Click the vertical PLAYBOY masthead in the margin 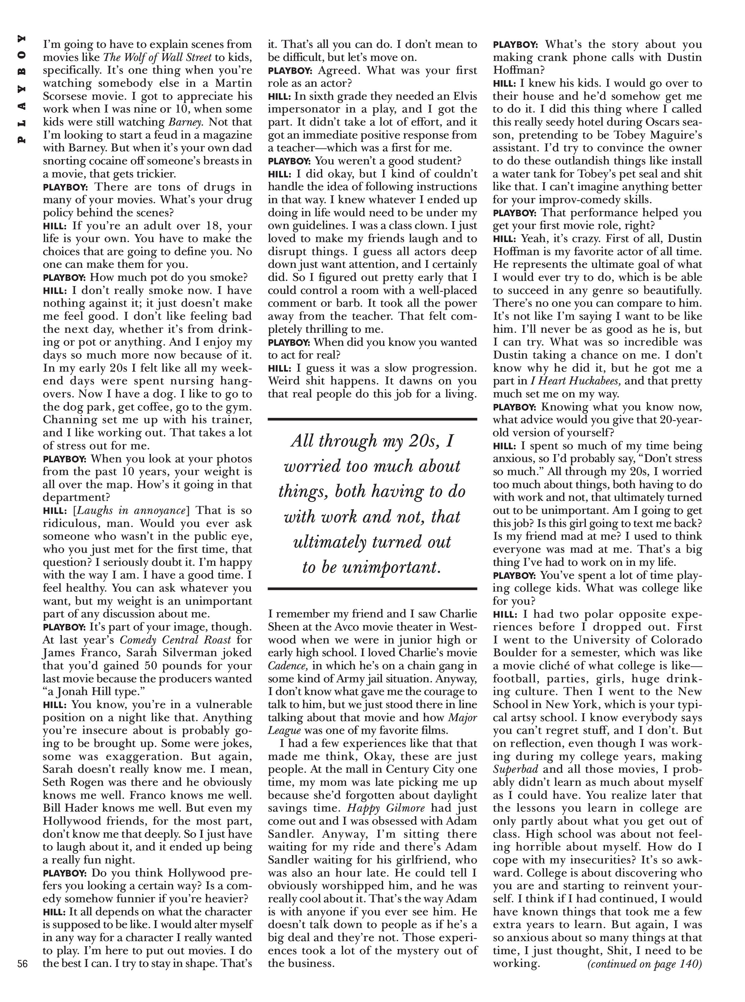21,89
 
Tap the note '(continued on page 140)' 644,964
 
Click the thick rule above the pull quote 372,419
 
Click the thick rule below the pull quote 372,588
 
